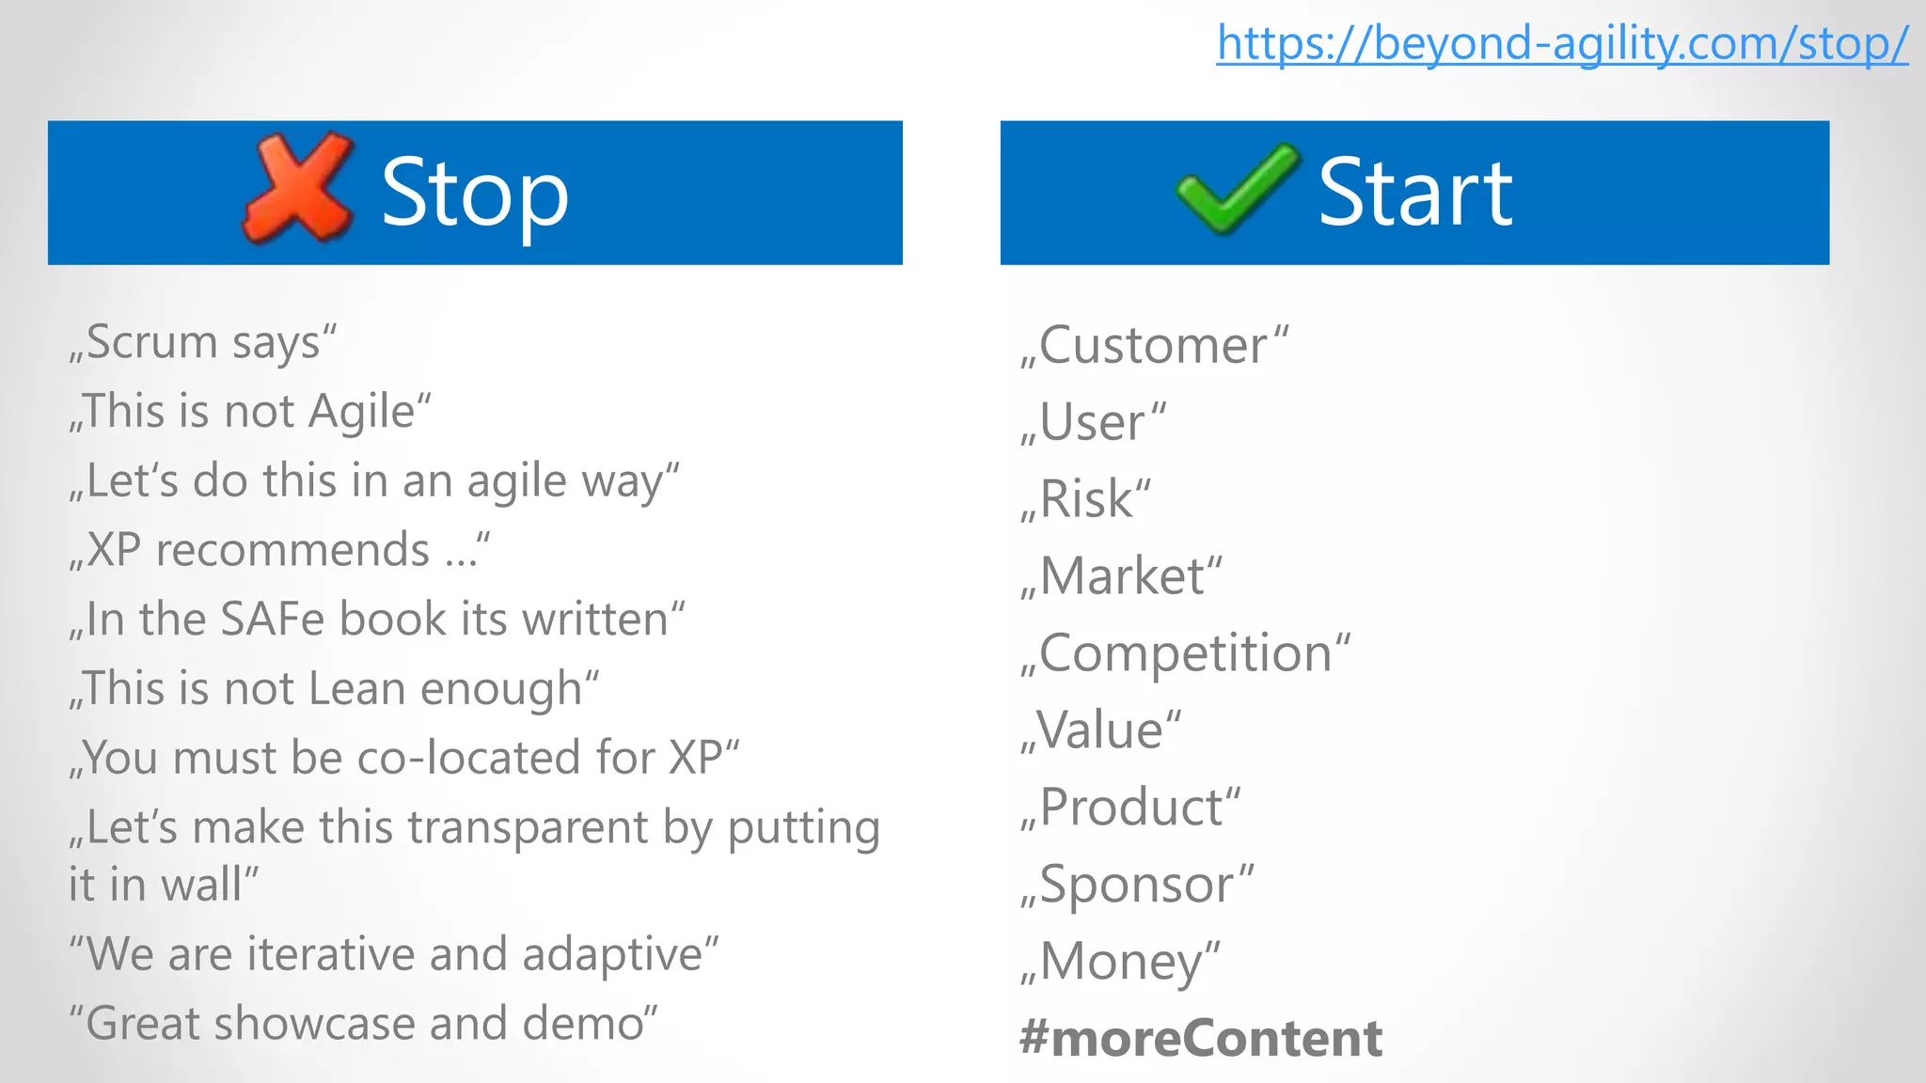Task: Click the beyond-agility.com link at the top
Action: click(x=1562, y=43)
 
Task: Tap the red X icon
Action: click(x=298, y=187)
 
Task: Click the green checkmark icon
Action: click(x=1238, y=188)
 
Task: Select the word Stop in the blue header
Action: click(x=475, y=194)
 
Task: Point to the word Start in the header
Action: click(x=1414, y=192)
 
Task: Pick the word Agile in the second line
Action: click(x=362, y=412)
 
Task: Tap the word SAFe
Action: click(x=273, y=620)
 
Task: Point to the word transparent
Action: click(x=483, y=828)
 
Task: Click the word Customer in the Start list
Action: click(x=1153, y=346)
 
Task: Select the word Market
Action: click(x=1123, y=576)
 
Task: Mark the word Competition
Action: click(x=1186, y=653)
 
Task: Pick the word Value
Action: click(x=1100, y=730)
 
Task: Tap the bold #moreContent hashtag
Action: click(x=1201, y=1039)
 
